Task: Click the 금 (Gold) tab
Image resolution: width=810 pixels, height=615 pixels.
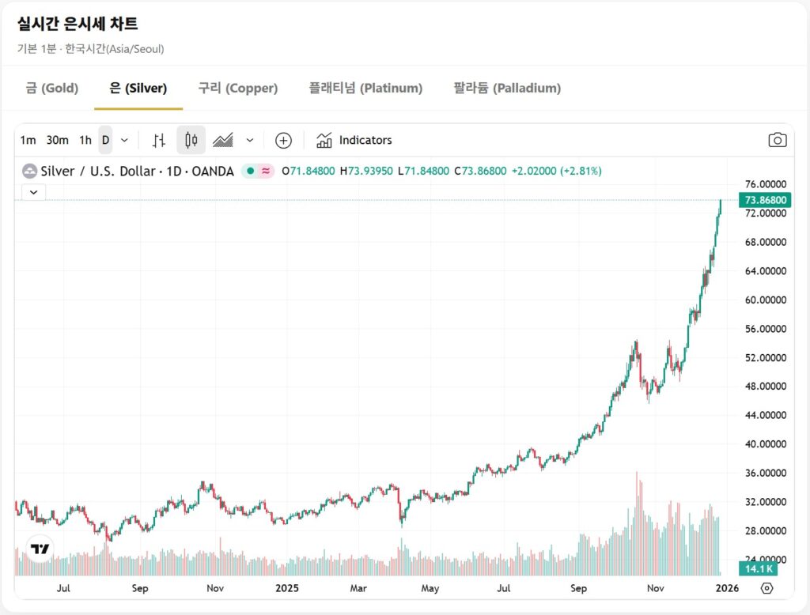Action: tap(51, 88)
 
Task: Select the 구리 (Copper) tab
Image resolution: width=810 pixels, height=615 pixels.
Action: tap(237, 88)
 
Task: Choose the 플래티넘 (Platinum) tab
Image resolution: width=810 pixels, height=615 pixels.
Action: tap(365, 88)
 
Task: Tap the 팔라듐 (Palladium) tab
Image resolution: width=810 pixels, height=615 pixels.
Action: tap(507, 88)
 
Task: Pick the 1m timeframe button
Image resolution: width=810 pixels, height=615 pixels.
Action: tap(28, 140)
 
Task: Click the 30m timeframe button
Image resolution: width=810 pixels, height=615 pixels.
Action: tap(57, 140)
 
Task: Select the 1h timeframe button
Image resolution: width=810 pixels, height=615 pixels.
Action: tap(85, 140)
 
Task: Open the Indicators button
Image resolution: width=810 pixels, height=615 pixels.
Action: tap(354, 140)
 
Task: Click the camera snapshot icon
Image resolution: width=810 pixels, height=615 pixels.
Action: tap(778, 140)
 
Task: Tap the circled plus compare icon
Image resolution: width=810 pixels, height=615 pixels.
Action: tap(283, 141)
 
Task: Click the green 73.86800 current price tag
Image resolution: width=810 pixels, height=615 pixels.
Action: tap(765, 200)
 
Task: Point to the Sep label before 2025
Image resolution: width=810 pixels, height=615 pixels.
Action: tap(140, 588)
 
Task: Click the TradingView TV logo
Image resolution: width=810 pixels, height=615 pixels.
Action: tap(40, 548)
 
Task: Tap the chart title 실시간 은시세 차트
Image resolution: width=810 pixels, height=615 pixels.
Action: tap(77, 24)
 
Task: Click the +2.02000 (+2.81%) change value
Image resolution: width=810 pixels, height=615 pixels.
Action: tap(556, 171)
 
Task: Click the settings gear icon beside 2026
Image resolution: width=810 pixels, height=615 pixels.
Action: tap(766, 588)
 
